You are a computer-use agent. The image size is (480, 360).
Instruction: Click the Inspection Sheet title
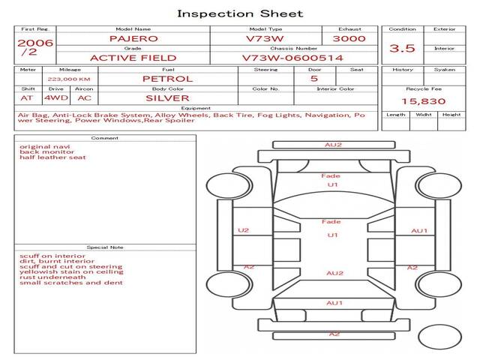pos(240,13)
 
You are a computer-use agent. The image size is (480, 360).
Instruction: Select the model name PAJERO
pos(134,37)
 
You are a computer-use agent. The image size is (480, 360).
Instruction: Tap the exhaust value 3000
pos(349,37)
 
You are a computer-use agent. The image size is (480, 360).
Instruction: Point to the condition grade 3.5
pos(402,48)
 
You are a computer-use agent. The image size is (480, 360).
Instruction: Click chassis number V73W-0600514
pos(292,58)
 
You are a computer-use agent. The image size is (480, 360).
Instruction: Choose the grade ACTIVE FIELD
pos(133,58)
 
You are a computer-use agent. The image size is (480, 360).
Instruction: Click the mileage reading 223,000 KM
pos(69,78)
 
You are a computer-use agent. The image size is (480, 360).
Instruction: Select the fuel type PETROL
pos(167,78)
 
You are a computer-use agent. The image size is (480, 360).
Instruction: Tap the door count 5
pos(313,78)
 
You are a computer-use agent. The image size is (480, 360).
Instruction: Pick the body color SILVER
pos(167,97)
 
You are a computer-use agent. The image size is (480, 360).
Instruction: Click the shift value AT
pos(27,97)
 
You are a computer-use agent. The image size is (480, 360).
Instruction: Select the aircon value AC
pos(84,97)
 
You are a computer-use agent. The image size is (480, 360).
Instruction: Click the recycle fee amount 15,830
pos(420,100)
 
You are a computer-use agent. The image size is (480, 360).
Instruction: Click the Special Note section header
pos(105,247)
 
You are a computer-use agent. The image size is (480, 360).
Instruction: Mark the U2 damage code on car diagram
pos(243,230)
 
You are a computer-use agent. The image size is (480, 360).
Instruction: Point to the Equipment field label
pos(196,108)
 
